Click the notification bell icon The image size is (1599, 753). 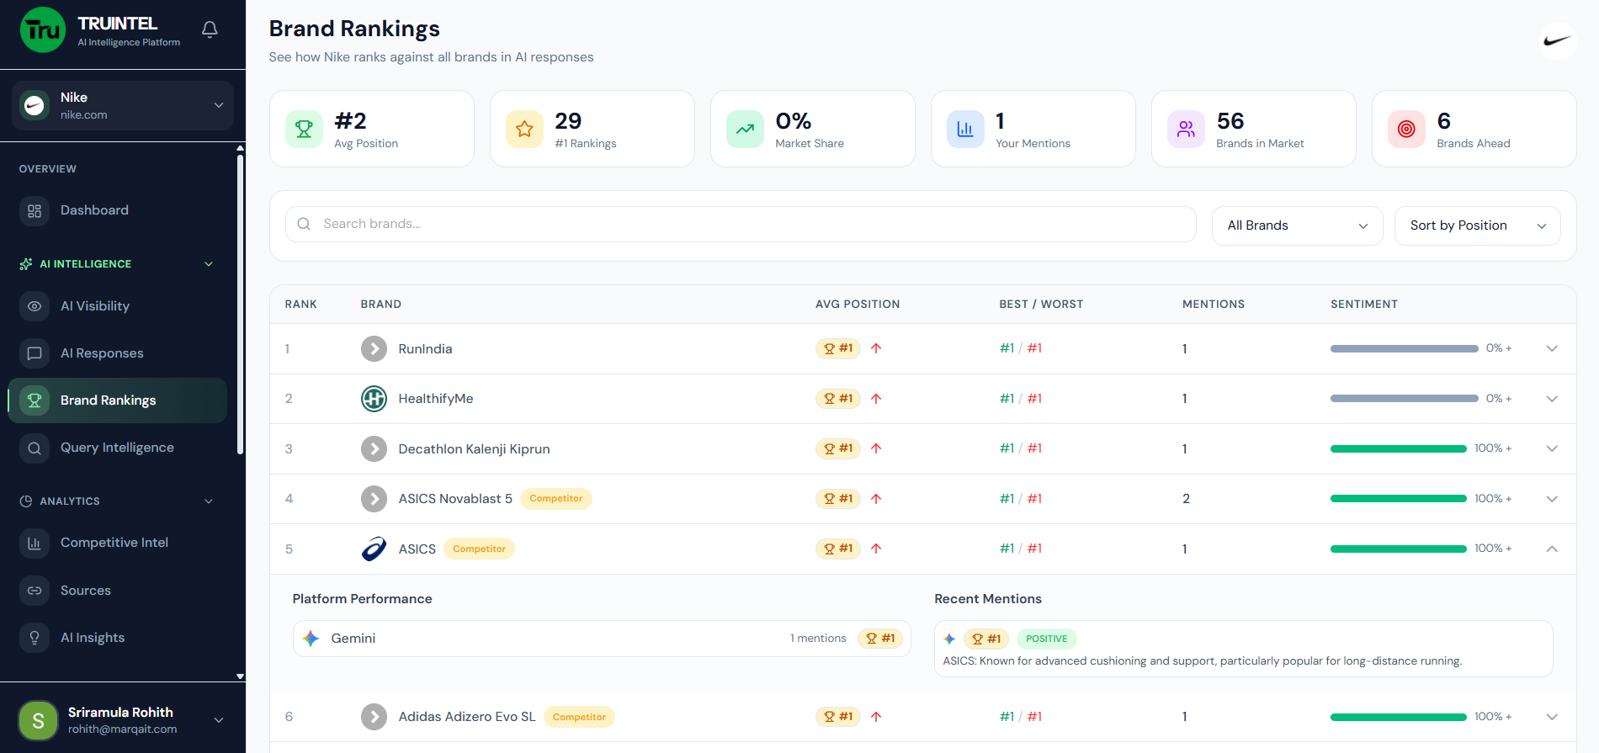tap(210, 29)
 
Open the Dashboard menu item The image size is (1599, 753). tap(94, 210)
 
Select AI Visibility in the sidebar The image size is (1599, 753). tap(94, 306)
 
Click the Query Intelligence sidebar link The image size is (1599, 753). tap(116, 448)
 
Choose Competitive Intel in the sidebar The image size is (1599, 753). tap(114, 543)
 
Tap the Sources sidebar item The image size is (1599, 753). tap(85, 591)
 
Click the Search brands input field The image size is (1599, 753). tap(741, 224)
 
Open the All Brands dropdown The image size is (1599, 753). tap(1297, 225)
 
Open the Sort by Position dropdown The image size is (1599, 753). tap(1477, 225)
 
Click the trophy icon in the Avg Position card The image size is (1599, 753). tap(304, 130)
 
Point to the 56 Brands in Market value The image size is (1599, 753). tap(1230, 121)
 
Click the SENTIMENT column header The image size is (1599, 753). tap(1363, 304)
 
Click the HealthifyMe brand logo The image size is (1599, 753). tap(374, 399)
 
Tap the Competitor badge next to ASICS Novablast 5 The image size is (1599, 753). tap(555, 499)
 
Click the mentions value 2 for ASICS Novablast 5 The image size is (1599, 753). tap(1186, 499)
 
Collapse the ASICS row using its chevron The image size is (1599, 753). tap(1552, 549)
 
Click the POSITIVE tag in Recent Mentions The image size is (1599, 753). tap(1046, 639)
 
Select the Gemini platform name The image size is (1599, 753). tap(353, 639)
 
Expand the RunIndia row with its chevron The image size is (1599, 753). tap(1552, 348)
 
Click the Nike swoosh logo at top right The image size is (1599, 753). tap(1557, 40)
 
